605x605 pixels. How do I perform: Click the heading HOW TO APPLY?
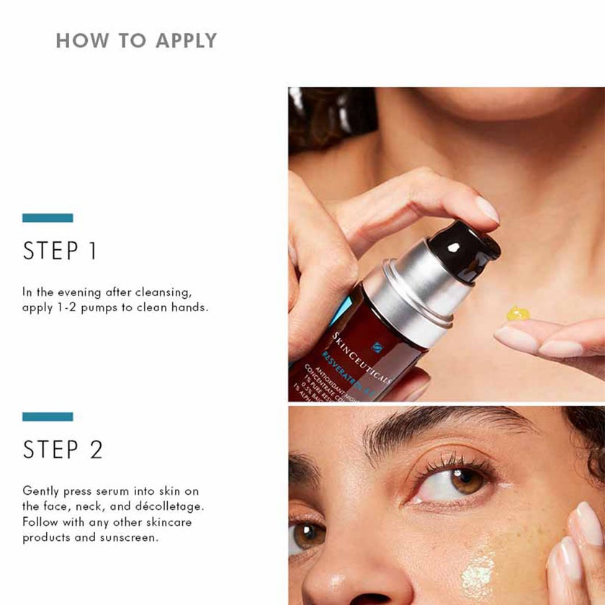tap(136, 40)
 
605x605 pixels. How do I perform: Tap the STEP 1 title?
tap(60, 251)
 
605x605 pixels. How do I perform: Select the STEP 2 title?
tap(63, 449)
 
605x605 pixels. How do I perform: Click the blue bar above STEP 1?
tap(48, 218)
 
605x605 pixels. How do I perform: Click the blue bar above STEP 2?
tap(48, 416)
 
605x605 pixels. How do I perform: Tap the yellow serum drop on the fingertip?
tap(517, 313)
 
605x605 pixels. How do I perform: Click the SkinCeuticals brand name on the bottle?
tap(359, 357)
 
